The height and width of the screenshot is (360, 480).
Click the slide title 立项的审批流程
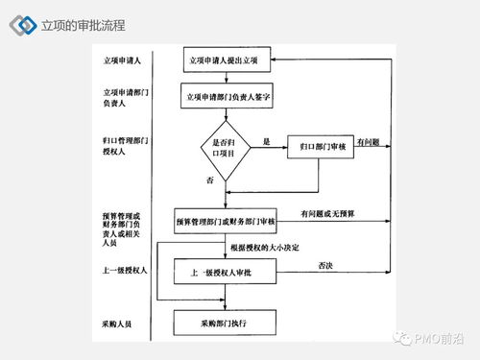pyautogui.click(x=84, y=24)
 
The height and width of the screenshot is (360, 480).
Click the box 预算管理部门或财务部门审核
pyautogui.click(x=227, y=221)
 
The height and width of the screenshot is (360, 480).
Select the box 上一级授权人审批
pyautogui.click(x=227, y=272)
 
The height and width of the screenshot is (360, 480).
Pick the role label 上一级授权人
pyautogui.click(x=124, y=272)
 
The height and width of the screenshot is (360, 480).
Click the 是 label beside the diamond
pyautogui.click(x=266, y=141)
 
